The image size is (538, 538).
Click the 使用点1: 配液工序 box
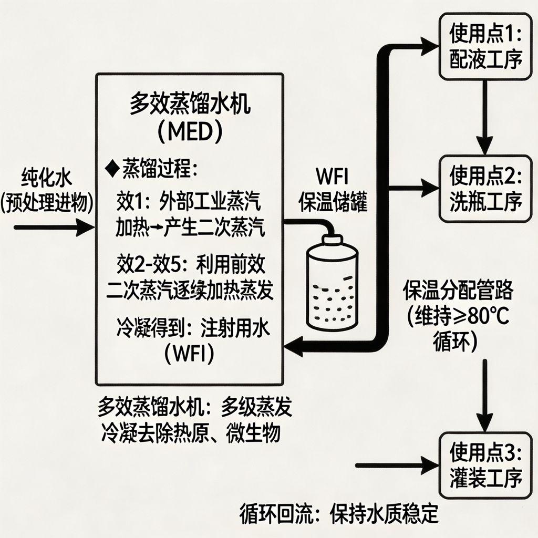486,47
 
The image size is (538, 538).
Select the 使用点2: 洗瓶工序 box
486,188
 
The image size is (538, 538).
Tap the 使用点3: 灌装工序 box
486,465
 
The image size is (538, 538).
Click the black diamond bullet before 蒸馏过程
111,169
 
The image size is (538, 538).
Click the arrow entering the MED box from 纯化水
53,228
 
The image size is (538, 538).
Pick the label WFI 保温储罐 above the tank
333,189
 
